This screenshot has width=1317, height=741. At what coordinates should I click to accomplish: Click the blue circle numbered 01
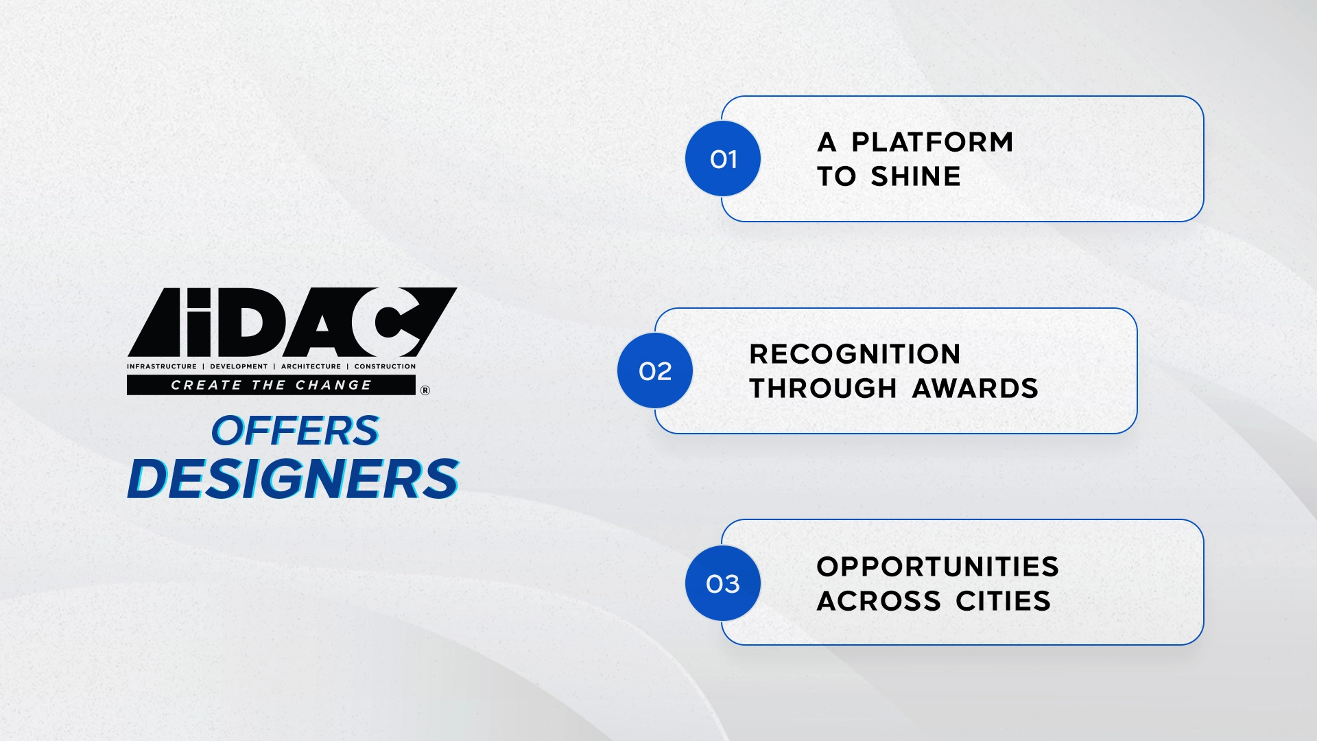coord(723,158)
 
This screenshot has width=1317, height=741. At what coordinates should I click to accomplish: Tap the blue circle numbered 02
coord(655,370)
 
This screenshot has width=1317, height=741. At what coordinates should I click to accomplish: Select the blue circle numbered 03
coord(723,583)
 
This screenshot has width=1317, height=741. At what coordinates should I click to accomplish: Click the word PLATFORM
coord(932,142)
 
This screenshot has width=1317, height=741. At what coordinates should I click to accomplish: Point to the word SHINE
coord(916,176)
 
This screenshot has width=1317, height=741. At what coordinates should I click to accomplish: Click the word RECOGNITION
coord(855,354)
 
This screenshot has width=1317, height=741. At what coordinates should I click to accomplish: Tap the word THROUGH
coord(823,388)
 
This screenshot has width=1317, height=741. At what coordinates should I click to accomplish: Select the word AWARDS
coord(975,388)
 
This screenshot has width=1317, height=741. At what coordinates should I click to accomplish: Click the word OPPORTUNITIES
coord(938,567)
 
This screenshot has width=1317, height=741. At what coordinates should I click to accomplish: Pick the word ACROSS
coord(879,601)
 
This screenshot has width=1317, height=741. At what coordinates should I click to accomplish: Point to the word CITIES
coord(1003,601)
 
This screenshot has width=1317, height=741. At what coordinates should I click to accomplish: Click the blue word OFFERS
coord(295,431)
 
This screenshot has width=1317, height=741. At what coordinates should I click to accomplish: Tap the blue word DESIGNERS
coord(293,478)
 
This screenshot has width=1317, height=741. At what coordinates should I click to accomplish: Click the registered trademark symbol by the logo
coord(425,390)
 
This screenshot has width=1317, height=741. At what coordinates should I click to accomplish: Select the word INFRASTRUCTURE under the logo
coord(162,366)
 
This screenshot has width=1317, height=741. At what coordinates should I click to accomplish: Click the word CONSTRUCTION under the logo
coord(385,366)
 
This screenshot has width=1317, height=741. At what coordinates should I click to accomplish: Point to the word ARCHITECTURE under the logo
coord(311,366)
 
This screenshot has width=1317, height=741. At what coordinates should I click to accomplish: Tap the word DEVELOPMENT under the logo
coord(239,366)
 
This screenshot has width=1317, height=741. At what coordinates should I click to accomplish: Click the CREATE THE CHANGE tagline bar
coord(271,385)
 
